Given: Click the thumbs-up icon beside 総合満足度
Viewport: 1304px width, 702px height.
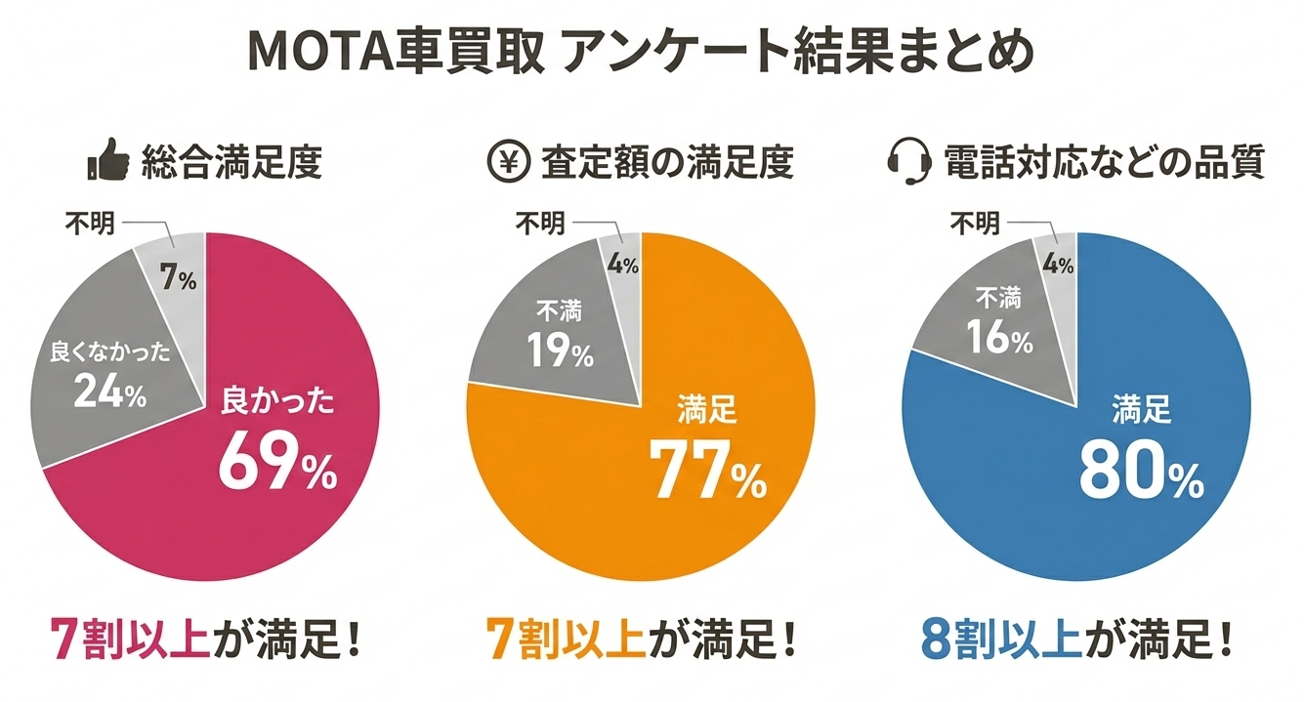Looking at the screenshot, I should coord(107,161).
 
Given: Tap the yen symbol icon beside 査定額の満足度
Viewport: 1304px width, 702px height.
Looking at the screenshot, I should coord(507,161).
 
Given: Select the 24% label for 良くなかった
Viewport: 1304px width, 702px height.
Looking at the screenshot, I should coord(109,393).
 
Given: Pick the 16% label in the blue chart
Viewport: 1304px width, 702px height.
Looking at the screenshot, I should coord(998,339).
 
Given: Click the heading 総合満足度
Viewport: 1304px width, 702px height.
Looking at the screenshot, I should coord(231,162).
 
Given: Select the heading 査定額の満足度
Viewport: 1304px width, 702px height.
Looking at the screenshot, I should coord(667,162).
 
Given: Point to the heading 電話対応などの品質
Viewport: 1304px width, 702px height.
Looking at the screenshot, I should coord(1104,162).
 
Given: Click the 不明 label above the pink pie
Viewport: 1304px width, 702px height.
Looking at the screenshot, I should coord(90,224).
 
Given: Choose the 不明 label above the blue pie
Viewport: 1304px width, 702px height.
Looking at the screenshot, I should coord(974,224).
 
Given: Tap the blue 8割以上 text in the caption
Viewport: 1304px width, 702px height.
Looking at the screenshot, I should coord(1000,640).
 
